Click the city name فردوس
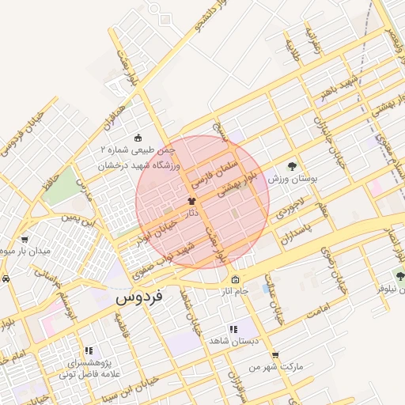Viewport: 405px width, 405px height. [x=138, y=298]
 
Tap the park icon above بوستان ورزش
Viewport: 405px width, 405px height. [x=292, y=166]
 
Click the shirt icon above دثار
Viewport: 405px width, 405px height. [x=191, y=201]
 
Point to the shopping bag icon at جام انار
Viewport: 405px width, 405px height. [x=236, y=279]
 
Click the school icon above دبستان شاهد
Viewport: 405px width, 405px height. [x=233, y=328]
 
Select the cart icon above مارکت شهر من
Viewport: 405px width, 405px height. [x=275, y=355]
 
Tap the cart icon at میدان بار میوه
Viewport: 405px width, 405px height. [x=25, y=239]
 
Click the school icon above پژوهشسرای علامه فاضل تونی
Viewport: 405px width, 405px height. [x=89, y=350]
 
